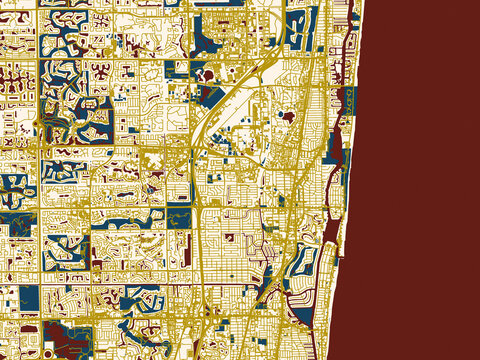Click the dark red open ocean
click(x=420, y=180)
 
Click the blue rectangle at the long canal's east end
click(x=180, y=216)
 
